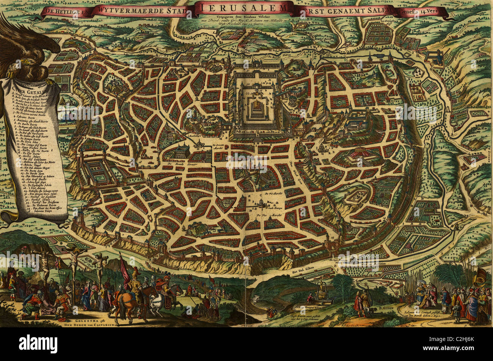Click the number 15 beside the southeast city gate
click(332, 238)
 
